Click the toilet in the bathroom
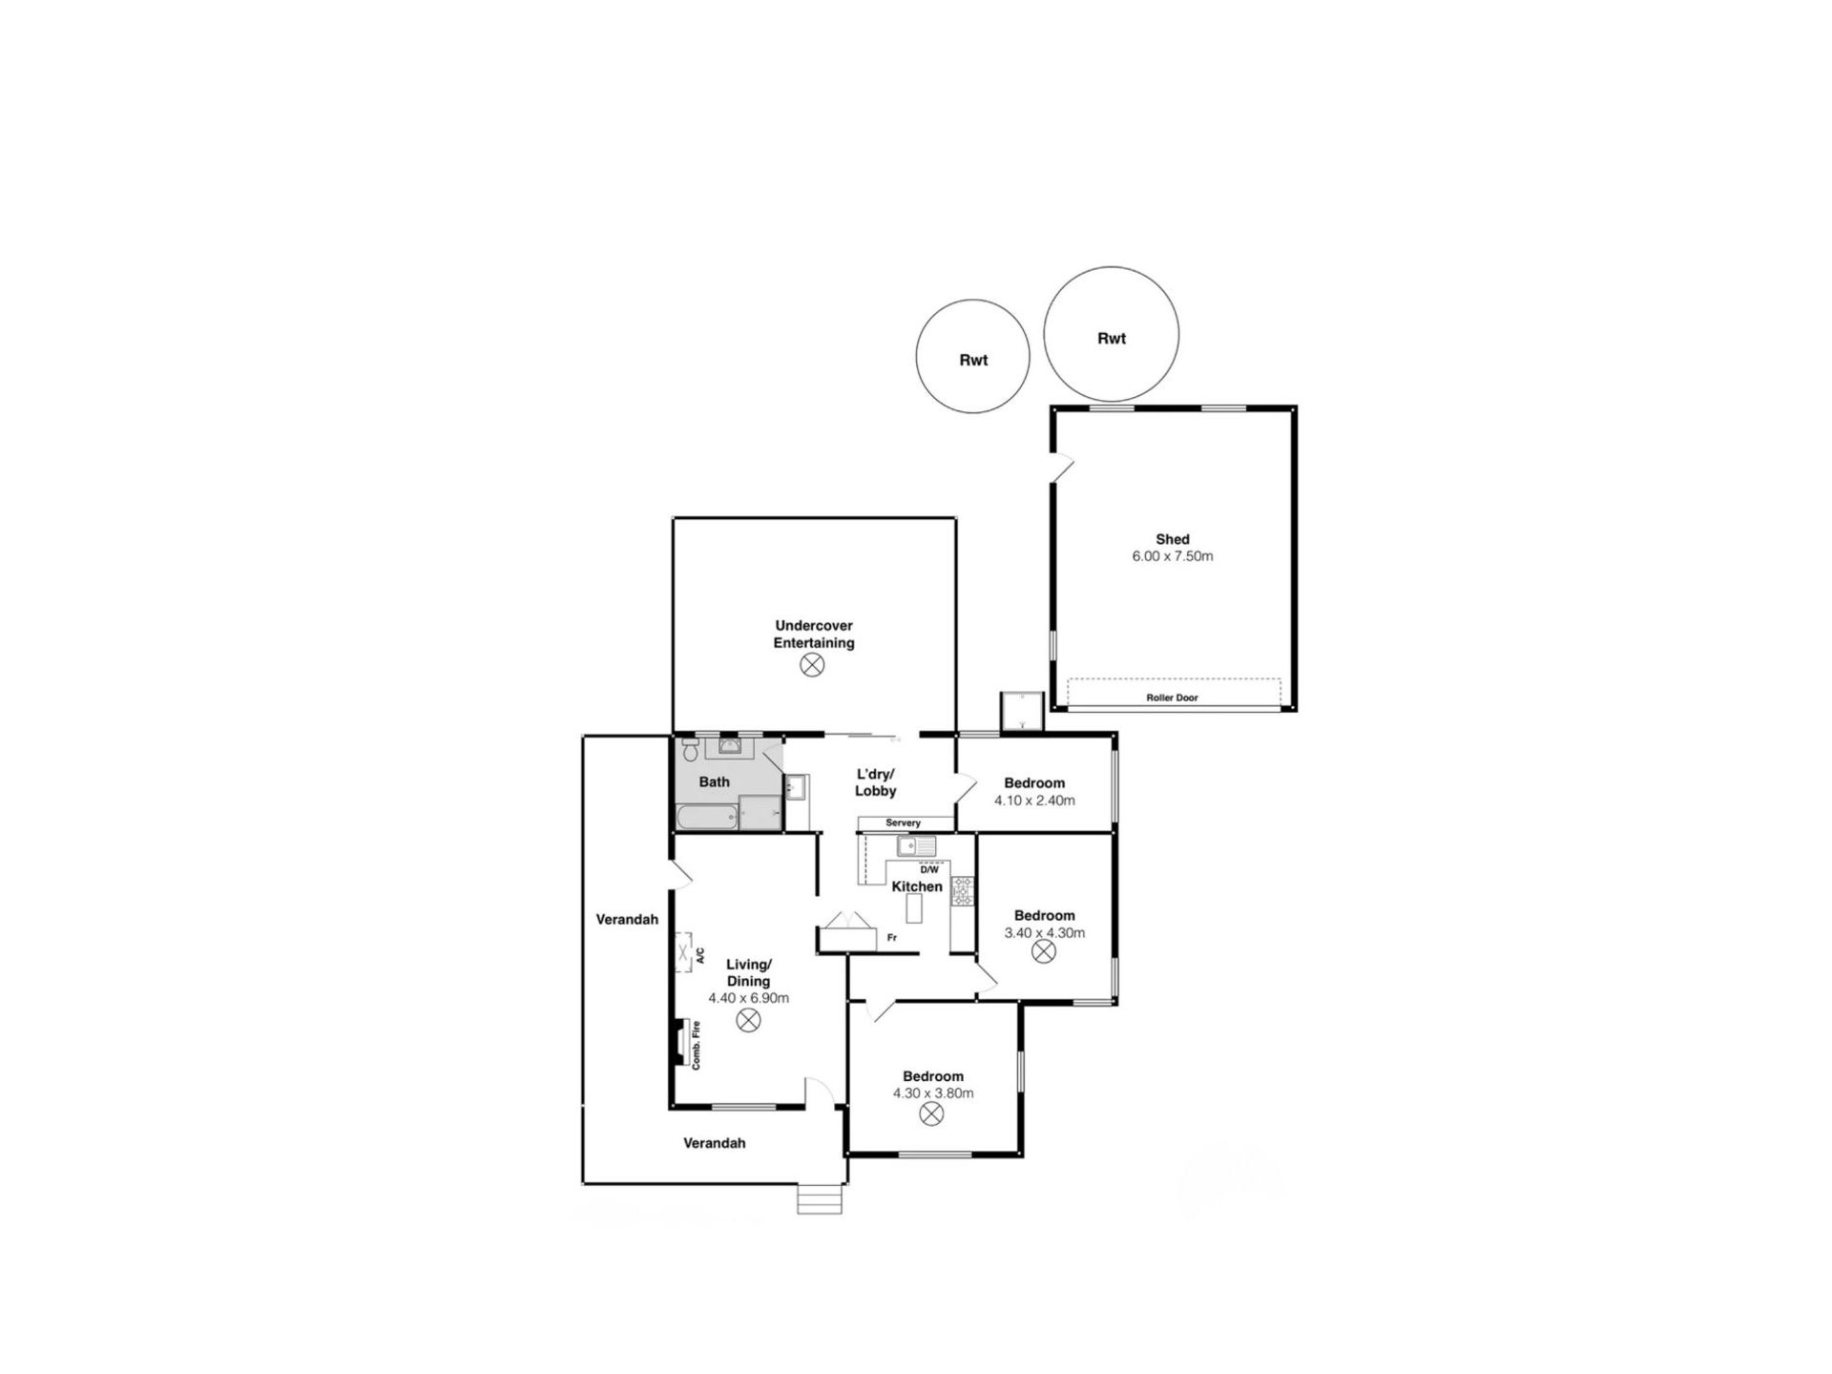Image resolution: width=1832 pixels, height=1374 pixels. pyautogui.click(x=691, y=749)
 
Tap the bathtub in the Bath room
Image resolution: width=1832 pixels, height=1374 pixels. pyautogui.click(x=708, y=817)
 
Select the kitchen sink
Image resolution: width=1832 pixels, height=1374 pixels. pyautogui.click(x=916, y=845)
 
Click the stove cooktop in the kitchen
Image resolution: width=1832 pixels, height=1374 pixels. pyautogui.click(x=962, y=890)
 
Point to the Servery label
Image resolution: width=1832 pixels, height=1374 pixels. pyautogui.click(x=904, y=822)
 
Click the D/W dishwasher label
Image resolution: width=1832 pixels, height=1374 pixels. pyautogui.click(x=929, y=869)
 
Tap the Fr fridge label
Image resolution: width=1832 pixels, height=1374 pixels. pyautogui.click(x=892, y=938)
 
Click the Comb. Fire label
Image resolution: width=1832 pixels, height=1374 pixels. pyautogui.click(x=697, y=1044)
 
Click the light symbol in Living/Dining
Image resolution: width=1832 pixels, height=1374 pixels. pyautogui.click(x=749, y=1020)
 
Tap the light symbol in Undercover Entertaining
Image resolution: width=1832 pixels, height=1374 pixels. pyautogui.click(x=812, y=665)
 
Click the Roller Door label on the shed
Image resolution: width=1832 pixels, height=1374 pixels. pyautogui.click(x=1172, y=697)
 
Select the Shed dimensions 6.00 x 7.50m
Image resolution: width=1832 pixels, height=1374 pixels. pyautogui.click(x=1173, y=555)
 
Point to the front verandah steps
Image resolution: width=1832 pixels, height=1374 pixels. pyautogui.click(x=820, y=1198)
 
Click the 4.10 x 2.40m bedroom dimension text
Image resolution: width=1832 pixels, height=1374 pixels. pyautogui.click(x=1034, y=801)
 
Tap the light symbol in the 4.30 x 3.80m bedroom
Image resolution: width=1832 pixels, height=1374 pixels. pyautogui.click(x=932, y=1114)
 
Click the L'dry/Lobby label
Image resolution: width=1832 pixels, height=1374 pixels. pyautogui.click(x=876, y=782)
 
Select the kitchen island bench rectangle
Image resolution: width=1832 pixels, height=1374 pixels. pyautogui.click(x=914, y=908)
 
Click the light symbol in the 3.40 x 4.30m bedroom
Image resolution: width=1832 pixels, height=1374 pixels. pyautogui.click(x=1045, y=951)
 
